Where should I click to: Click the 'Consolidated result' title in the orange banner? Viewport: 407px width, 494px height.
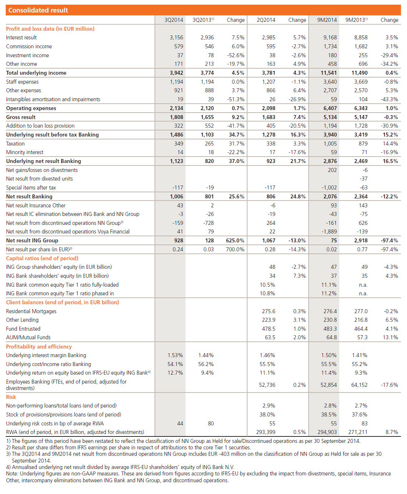(x=38, y=10)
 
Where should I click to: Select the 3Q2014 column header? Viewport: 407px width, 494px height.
(x=173, y=20)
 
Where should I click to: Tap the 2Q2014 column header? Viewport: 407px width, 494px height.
(x=266, y=20)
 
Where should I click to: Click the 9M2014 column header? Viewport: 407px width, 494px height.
(x=327, y=20)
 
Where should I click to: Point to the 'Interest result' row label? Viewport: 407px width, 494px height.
(x=21, y=38)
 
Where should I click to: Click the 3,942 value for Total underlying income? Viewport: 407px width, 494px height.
(x=176, y=73)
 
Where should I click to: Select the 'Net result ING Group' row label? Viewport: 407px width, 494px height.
(x=32, y=241)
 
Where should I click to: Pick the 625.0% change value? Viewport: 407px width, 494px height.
(x=235, y=241)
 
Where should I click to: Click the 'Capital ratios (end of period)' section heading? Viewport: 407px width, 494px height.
(x=42, y=258)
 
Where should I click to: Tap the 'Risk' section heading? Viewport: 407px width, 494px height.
(x=11, y=397)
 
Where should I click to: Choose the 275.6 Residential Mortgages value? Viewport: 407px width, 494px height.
(x=269, y=311)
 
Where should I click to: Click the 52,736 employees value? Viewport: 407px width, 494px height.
(x=267, y=385)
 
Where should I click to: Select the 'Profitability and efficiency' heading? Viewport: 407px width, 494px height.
(x=39, y=347)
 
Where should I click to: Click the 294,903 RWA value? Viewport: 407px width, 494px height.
(x=327, y=432)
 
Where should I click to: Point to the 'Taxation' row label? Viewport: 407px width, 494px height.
(x=15, y=144)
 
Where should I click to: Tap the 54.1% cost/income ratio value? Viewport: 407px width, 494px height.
(x=175, y=364)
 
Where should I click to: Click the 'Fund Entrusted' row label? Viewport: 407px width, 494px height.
(x=23, y=329)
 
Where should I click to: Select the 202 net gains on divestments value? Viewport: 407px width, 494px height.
(x=332, y=170)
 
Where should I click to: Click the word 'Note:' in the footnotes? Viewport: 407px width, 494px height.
(x=13, y=474)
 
